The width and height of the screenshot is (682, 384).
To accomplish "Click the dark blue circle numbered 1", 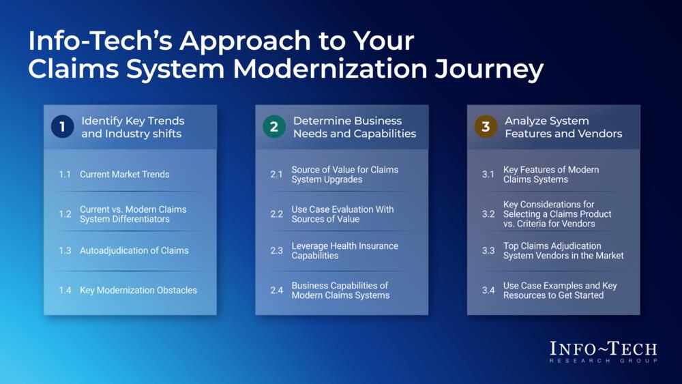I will coord(62,128).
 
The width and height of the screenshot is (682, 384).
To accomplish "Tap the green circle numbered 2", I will coord(273,128).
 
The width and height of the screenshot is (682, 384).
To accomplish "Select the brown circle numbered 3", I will coord(486,128).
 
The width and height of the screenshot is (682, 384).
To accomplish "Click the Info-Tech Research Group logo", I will coord(603,351).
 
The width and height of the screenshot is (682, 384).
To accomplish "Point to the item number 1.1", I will coord(65,175).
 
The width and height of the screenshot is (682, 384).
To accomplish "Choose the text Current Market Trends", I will coord(124,175).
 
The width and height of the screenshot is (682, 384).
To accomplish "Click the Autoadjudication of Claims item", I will coord(134,250).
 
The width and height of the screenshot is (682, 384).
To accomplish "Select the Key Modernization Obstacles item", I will coord(138,290).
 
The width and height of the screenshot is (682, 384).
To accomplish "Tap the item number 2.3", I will coord(276,250).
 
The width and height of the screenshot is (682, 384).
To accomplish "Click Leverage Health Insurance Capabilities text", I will coord(344,250).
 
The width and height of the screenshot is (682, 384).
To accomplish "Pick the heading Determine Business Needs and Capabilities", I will coord(354,128).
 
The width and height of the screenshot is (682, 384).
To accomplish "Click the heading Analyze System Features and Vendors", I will coord(563,128).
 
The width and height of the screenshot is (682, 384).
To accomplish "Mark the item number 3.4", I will coord(488,290).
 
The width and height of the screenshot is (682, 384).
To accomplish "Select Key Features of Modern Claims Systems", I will coord(550,175).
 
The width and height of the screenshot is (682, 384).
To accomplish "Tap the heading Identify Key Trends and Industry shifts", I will coord(132,128).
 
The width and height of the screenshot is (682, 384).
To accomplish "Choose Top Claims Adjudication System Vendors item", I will coord(563,250).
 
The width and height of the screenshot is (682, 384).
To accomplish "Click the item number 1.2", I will coord(65,214).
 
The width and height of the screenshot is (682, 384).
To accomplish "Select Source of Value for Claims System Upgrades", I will coord(344,175).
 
